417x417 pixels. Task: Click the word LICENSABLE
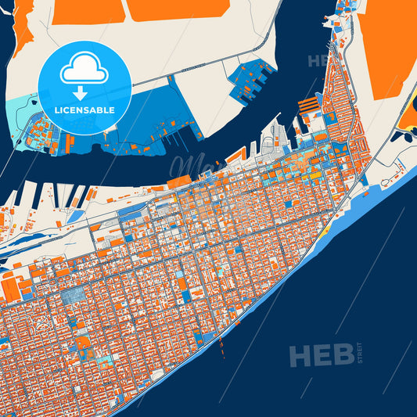tap(84, 110)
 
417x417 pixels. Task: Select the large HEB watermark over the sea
tap(320, 356)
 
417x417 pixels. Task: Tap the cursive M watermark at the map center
tap(185, 166)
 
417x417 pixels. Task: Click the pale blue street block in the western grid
tap(75, 294)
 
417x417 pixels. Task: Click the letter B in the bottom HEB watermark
tap(340, 356)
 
